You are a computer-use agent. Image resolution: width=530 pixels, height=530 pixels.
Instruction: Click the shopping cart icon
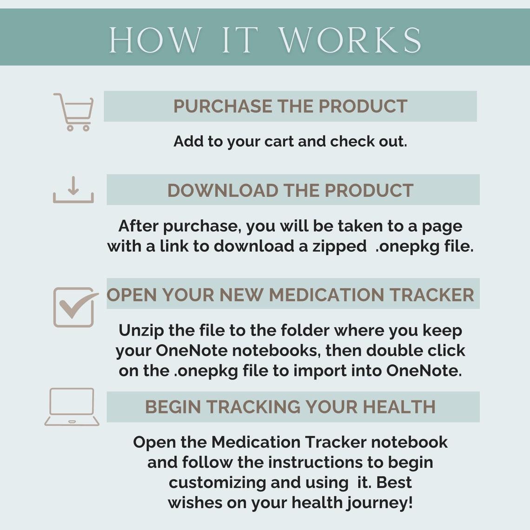pos(74,112)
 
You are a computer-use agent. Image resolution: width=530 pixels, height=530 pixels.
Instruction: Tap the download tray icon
pos(73,190)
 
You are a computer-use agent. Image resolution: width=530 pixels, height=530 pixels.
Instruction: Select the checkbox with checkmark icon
pos(74,307)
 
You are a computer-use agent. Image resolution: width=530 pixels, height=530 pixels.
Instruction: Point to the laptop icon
pos(72,407)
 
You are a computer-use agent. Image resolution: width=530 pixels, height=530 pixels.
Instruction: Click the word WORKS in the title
pos(350,40)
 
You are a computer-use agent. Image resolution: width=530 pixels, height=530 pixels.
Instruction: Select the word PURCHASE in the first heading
pos(223,106)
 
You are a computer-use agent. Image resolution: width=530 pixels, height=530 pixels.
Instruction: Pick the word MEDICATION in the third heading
pos(326,295)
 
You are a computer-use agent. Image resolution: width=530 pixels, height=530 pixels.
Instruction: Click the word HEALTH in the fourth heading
pos(399,407)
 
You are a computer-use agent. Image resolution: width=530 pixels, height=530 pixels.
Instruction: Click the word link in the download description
pos(174,246)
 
